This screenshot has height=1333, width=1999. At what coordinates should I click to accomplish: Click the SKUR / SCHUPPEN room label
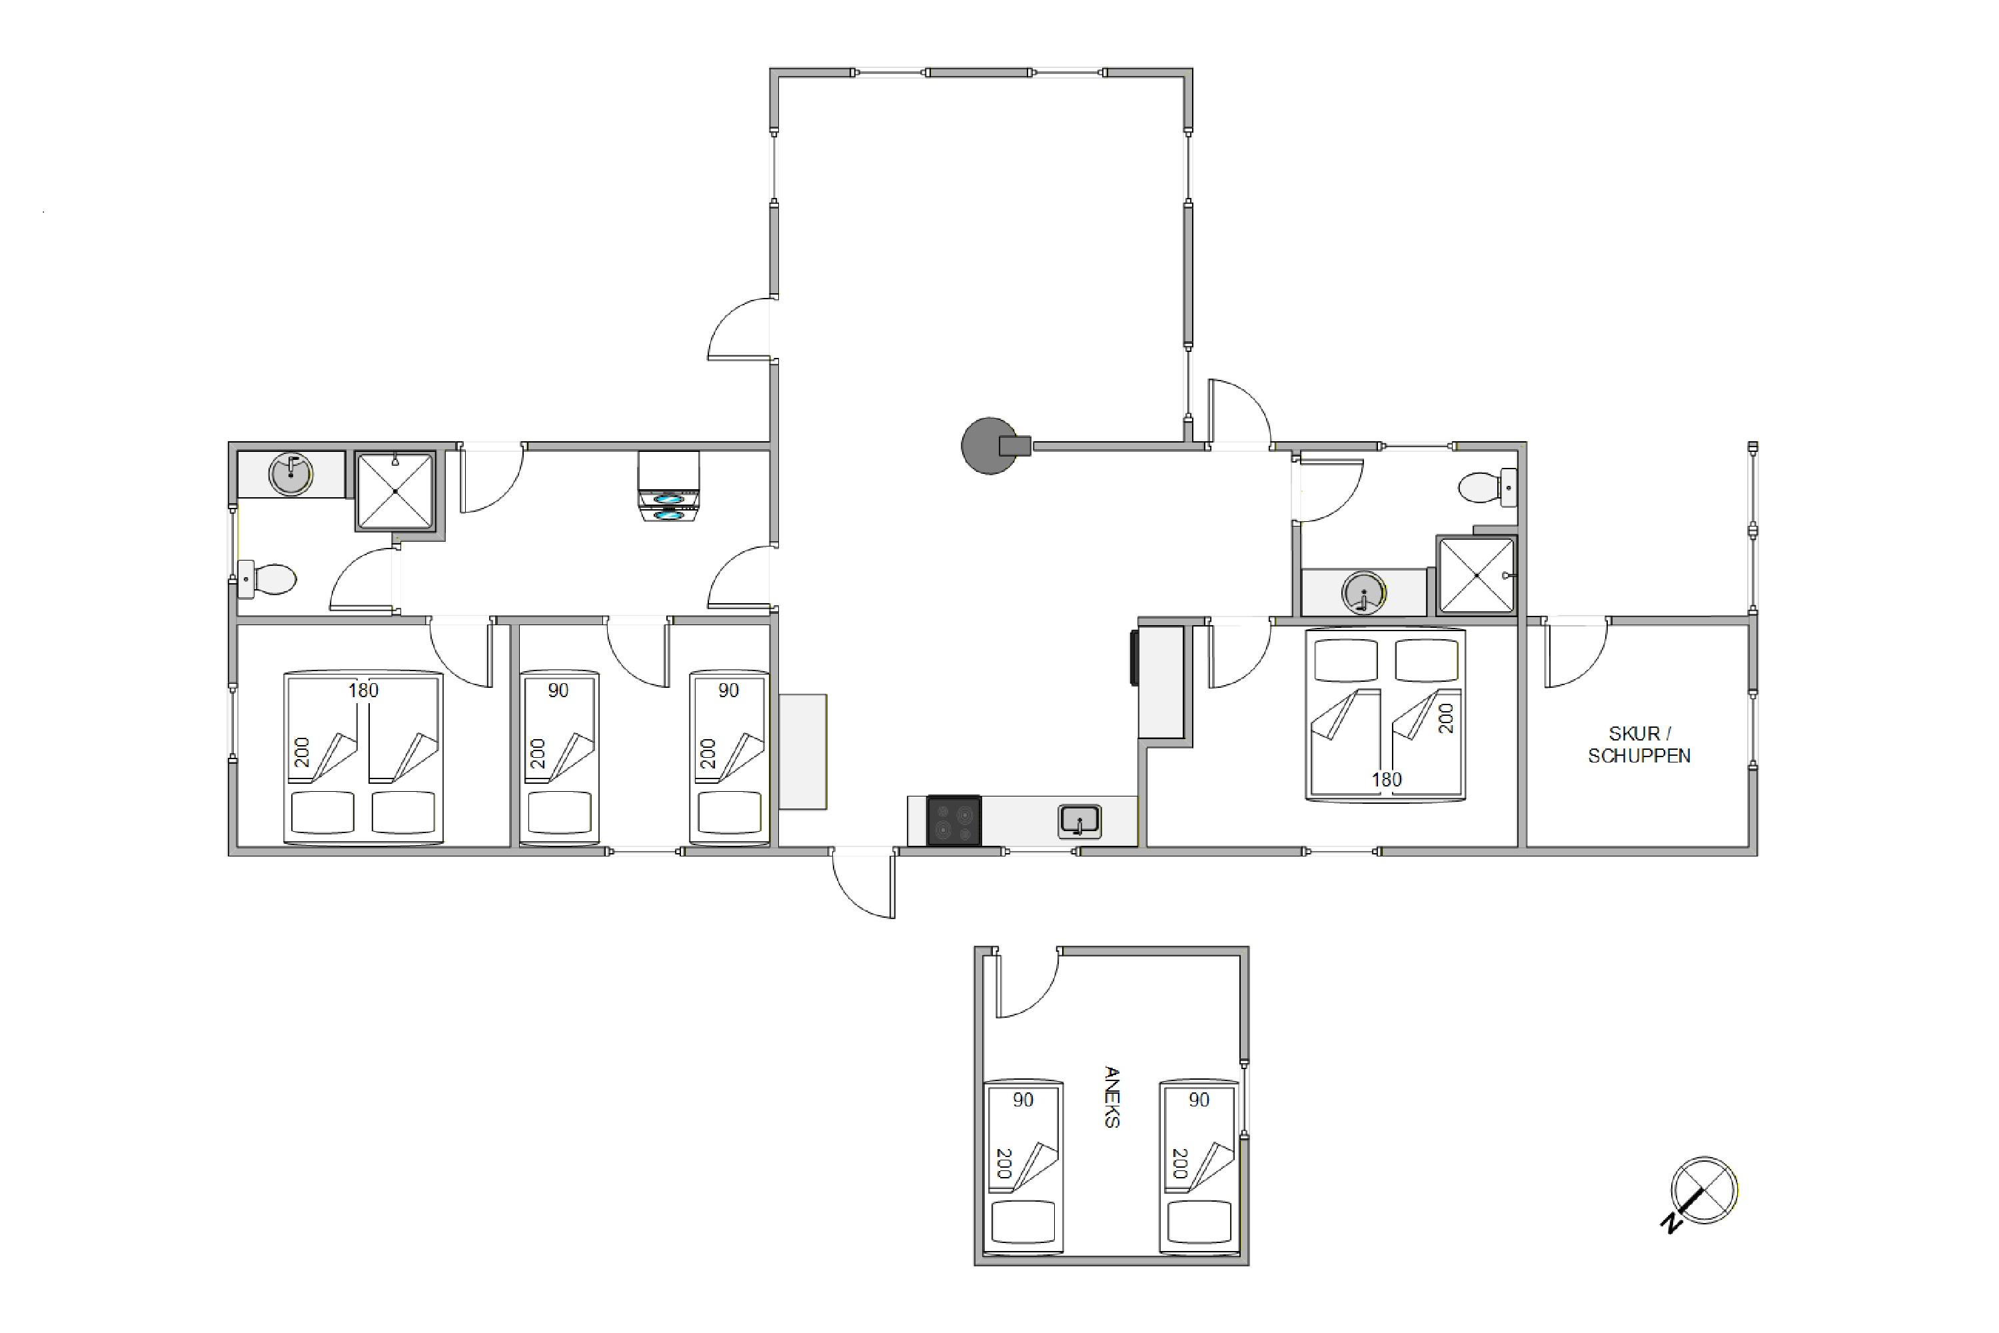(1639, 744)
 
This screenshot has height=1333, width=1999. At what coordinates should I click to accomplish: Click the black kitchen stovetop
(953, 820)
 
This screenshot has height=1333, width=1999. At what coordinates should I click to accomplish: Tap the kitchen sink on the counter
(1079, 821)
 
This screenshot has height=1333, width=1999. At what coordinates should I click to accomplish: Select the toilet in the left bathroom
(267, 580)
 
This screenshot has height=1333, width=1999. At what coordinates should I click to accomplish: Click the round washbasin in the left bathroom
(291, 475)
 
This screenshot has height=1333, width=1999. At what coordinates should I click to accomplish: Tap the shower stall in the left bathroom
(395, 491)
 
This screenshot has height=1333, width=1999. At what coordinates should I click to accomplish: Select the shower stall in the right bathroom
(1477, 575)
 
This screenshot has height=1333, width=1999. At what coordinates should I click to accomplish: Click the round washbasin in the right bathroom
(1364, 593)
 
